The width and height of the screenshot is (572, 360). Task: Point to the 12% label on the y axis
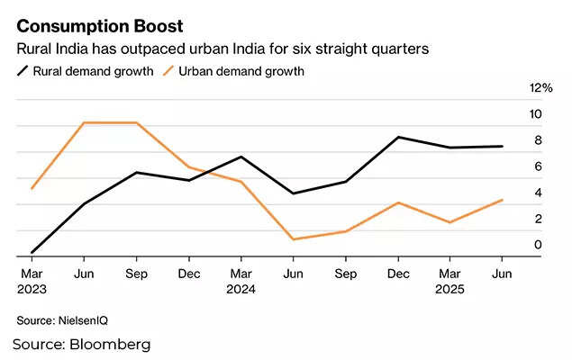(541, 88)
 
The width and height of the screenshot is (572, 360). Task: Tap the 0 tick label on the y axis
(537, 245)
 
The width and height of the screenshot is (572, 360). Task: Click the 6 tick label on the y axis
(537, 166)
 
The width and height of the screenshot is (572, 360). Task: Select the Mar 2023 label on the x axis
(32, 281)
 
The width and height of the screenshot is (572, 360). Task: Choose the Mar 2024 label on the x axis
(241, 281)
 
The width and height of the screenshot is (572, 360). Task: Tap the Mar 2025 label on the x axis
(450, 281)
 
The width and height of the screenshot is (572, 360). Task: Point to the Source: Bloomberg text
(81, 345)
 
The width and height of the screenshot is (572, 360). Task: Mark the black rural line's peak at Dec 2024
(398, 137)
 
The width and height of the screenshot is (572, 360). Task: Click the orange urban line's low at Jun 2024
(294, 239)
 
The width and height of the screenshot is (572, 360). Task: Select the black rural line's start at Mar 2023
(32, 253)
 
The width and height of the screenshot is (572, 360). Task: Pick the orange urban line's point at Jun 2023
(84, 122)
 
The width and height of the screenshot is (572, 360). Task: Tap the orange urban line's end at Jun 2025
(503, 200)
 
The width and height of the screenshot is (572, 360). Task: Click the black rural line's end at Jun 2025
(503, 146)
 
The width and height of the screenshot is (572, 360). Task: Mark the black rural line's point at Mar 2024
(241, 157)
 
